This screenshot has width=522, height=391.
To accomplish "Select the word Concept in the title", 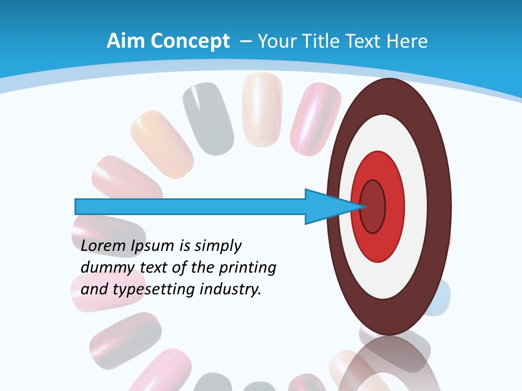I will pyautogui.click(x=187, y=41).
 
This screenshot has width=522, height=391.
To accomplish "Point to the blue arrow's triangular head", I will pyautogui.click(x=326, y=206).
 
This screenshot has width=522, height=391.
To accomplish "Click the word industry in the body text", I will pyautogui.click(x=231, y=289).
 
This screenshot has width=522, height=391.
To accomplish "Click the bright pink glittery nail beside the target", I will pyautogui.click(x=314, y=117).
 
